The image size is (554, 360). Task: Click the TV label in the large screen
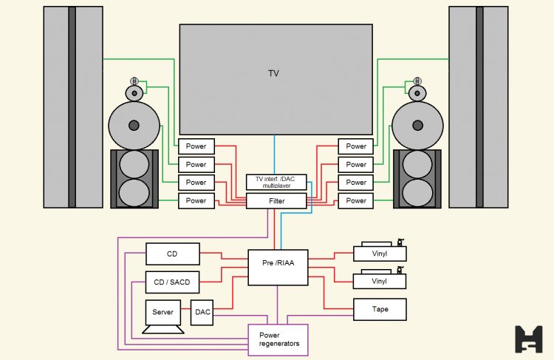point(274,73)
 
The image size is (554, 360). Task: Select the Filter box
point(276,200)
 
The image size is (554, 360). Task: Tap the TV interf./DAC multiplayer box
point(276,183)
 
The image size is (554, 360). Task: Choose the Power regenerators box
point(277,340)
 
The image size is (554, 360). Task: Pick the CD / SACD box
point(172,282)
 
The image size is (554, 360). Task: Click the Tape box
point(380,309)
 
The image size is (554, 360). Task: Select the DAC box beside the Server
point(202,312)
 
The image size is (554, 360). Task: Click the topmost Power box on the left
point(196,146)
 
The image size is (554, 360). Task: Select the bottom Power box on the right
point(356,200)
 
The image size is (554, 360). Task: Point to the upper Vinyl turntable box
point(380,253)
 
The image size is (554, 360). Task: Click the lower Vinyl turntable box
point(380,281)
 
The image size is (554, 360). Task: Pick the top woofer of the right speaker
point(417,164)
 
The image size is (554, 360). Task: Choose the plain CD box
point(172,254)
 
